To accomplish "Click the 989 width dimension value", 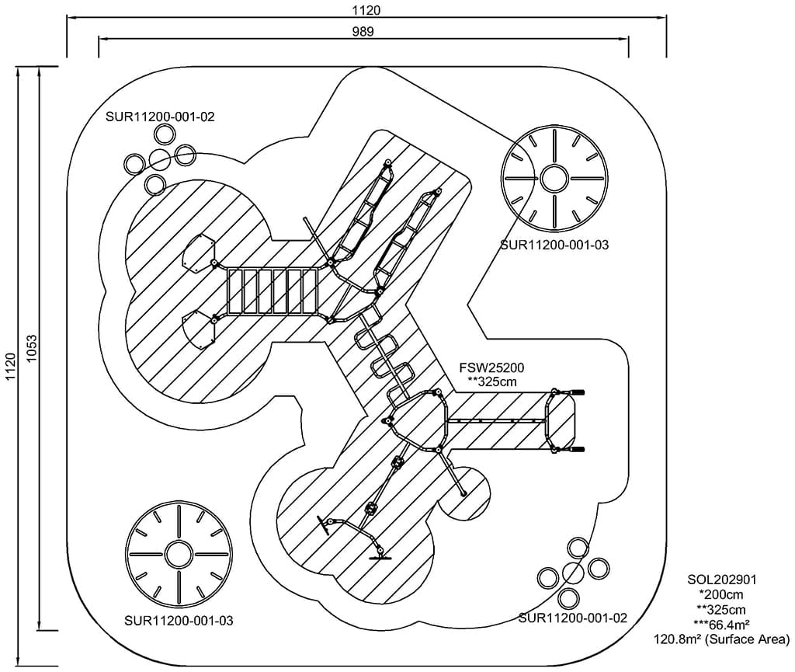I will click(x=363, y=32).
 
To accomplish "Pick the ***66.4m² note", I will click(x=721, y=625).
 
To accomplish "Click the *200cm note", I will click(x=721, y=594).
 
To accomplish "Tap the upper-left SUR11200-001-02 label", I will click(x=161, y=117).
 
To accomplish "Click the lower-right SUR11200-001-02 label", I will click(x=573, y=618).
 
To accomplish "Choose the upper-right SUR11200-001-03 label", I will click(x=554, y=245).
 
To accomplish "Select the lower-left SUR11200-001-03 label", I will click(x=179, y=622).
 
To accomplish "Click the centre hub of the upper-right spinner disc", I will click(x=554, y=178).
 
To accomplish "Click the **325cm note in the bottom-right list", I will click(x=721, y=610).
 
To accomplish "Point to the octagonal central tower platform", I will click(x=418, y=420).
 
